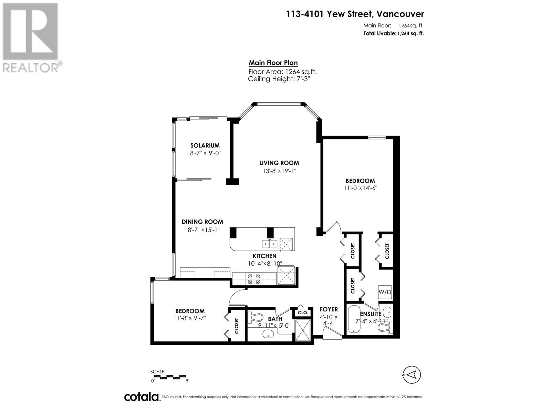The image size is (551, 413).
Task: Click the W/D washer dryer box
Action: [x=385, y=292]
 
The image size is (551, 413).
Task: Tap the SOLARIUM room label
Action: [x=205, y=146]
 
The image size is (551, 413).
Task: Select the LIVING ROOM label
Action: [x=279, y=163]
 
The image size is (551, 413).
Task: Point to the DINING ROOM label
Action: [x=202, y=222]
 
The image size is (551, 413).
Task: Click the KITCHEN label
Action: [x=264, y=256]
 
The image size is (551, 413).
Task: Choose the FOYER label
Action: [x=329, y=309]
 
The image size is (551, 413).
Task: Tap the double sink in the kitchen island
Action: [x=270, y=244]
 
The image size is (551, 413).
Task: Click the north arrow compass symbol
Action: [x=412, y=374]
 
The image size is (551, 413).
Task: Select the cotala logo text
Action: [x=141, y=397]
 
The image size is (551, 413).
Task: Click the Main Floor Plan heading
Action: [x=273, y=63]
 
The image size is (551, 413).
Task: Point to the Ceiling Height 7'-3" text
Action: [x=280, y=79]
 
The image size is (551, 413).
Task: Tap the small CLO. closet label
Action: [x=303, y=313]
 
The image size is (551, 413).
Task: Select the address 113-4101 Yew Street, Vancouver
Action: [x=355, y=14]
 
